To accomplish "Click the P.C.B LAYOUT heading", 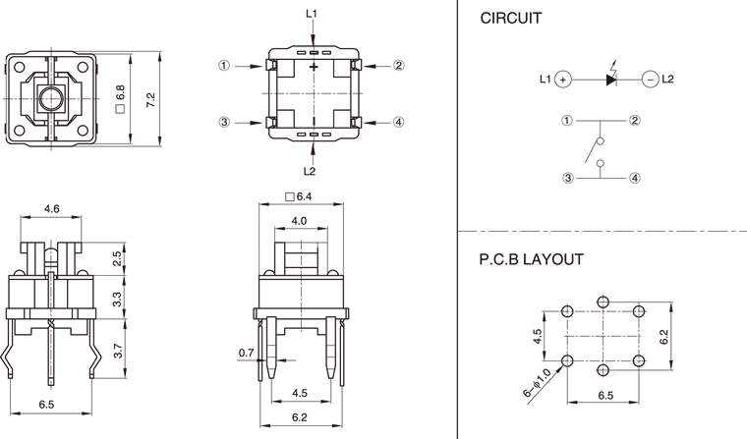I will (x=532, y=260).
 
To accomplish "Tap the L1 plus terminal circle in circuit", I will (x=562, y=80).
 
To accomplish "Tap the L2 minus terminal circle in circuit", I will (x=649, y=80).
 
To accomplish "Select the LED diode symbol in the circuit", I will (x=610, y=79).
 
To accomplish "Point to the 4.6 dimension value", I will (x=54, y=208).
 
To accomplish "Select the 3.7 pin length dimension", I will (x=118, y=349).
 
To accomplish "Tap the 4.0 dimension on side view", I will (x=300, y=221).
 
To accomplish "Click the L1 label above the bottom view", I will (x=312, y=14).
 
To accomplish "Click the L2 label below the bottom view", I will (x=312, y=170).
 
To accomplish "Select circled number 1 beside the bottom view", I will (x=224, y=66).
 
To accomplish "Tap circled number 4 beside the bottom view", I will (x=399, y=123).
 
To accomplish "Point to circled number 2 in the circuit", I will (x=635, y=121).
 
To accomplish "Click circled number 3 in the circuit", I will (x=567, y=178).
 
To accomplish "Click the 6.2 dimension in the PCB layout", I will (x=665, y=336).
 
